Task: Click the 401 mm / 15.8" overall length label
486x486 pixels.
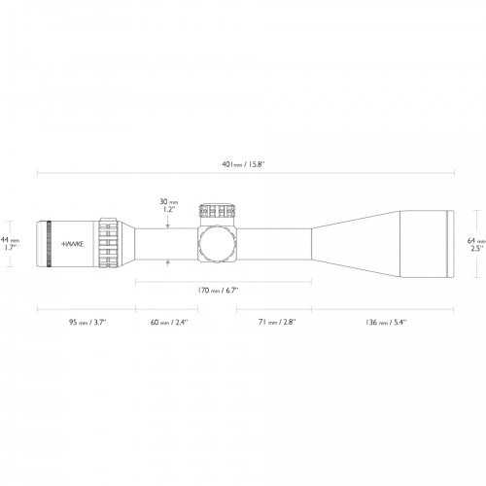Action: [x=243, y=164]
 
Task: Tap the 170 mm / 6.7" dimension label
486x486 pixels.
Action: [x=218, y=290]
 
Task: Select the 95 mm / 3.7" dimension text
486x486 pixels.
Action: [x=87, y=322]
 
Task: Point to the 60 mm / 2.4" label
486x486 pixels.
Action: [x=169, y=322]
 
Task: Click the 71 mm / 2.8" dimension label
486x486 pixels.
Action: [x=277, y=322]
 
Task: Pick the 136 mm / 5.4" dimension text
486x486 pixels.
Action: [x=386, y=322]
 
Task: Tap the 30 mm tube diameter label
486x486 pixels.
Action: [x=169, y=201]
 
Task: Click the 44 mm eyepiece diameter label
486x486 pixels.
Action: [x=10, y=240]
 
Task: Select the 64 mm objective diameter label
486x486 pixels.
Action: [x=476, y=241]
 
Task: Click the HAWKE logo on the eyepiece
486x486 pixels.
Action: [x=72, y=244]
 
